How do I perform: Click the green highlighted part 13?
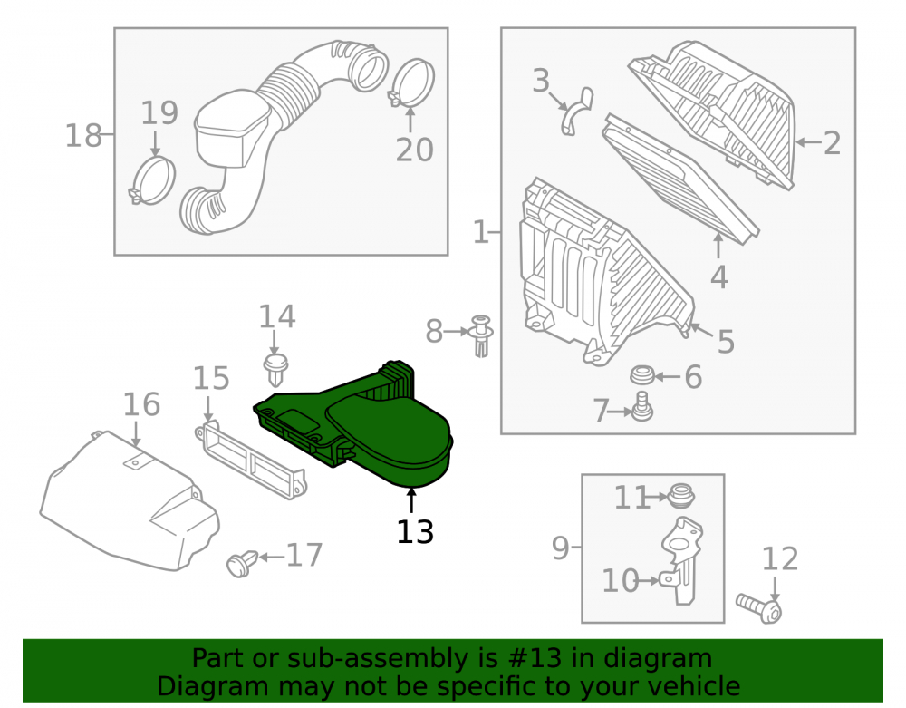(x=370, y=428)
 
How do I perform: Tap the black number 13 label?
(x=415, y=532)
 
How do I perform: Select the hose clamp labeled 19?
(x=151, y=180)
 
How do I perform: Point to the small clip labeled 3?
(x=576, y=112)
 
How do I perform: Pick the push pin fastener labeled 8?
(x=481, y=335)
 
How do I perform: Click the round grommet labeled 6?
(x=641, y=374)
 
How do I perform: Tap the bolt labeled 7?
(x=642, y=406)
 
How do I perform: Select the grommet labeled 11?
(x=681, y=495)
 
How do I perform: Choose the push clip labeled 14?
(x=275, y=369)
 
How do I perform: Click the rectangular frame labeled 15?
(x=250, y=460)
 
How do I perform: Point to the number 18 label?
(x=83, y=136)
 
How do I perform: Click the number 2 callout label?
(x=832, y=142)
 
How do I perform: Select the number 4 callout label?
(x=718, y=276)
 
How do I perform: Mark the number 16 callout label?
(x=141, y=404)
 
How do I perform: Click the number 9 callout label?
(x=561, y=548)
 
